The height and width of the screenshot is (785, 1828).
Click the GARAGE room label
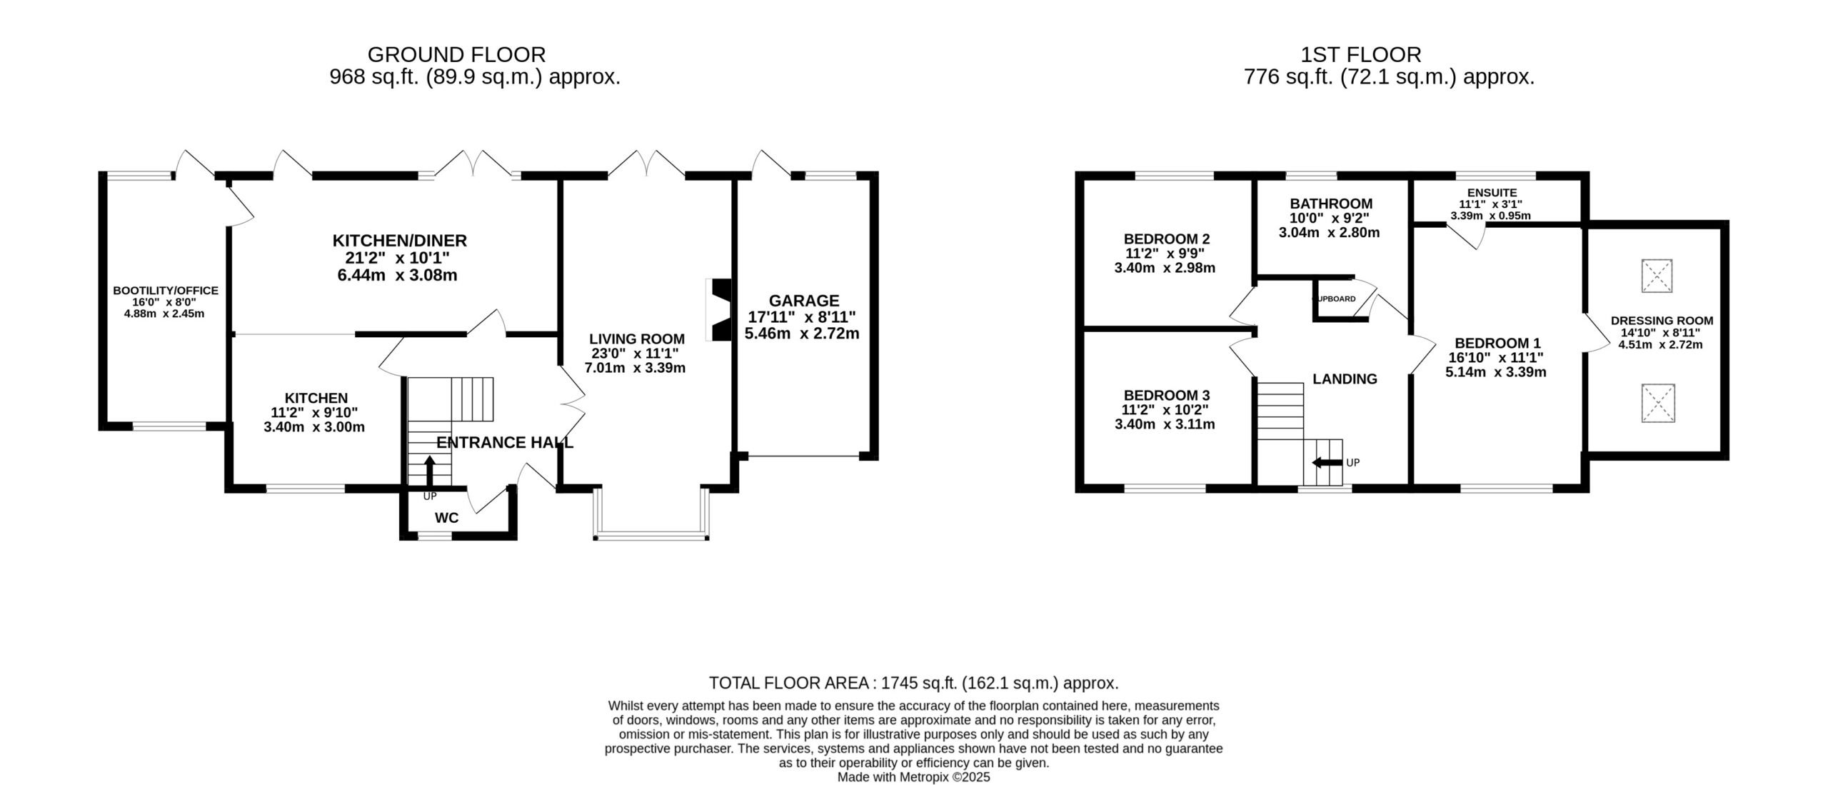(803, 301)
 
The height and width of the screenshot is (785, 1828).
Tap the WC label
(446, 518)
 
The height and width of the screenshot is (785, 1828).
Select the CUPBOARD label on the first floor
(1334, 299)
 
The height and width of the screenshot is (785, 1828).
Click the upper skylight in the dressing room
(1657, 276)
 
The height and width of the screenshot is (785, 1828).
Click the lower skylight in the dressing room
(1657, 403)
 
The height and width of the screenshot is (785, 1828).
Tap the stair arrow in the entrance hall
(429, 471)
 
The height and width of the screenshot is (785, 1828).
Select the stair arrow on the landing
(1327, 463)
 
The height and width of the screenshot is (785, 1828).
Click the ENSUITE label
(1492, 193)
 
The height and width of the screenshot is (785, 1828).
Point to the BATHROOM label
(1331, 204)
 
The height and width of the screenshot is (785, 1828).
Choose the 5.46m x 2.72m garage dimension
(802, 334)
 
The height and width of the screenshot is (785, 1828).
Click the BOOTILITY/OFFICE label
(166, 291)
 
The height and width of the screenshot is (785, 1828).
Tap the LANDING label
(1345, 379)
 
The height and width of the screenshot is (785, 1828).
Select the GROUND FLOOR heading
(456, 54)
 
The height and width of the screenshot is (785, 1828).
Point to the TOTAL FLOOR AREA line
(914, 683)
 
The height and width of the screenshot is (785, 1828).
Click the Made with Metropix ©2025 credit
(914, 777)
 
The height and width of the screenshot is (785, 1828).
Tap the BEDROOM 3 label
(1167, 396)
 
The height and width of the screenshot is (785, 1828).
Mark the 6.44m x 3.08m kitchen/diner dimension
(398, 275)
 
